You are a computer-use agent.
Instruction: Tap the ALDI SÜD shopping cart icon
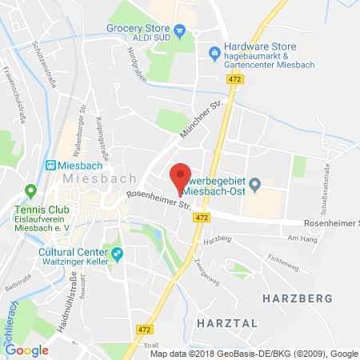tap(180, 32)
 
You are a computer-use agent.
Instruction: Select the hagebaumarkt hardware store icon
tap(214, 54)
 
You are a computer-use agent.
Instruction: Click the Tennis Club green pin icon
tap(31, 192)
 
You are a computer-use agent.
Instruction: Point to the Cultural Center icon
tap(118, 254)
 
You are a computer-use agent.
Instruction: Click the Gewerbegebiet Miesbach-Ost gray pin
tap(255, 186)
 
